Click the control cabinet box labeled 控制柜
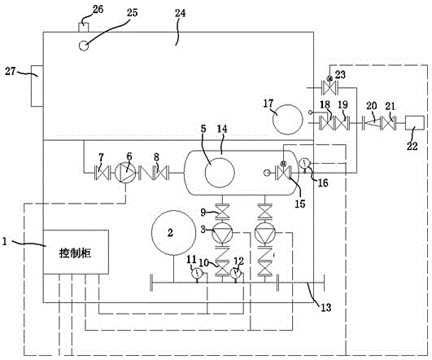tap(76, 252)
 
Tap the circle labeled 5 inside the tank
tap(220, 173)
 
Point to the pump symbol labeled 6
tap(125, 173)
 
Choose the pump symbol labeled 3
tap(222, 233)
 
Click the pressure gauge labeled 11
tap(197, 274)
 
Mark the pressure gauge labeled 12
tap(236, 274)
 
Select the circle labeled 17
tap(288, 120)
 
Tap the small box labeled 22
tap(414, 123)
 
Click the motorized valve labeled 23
tap(329, 87)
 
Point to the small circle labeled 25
tap(84, 46)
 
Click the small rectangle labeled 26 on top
tap(84, 28)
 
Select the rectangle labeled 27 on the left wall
tap(37, 86)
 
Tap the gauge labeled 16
tap(305, 164)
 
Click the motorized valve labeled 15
tap(283, 172)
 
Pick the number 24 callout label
tap(180, 13)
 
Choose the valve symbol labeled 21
tap(388, 123)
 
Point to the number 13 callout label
tap(326, 307)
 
